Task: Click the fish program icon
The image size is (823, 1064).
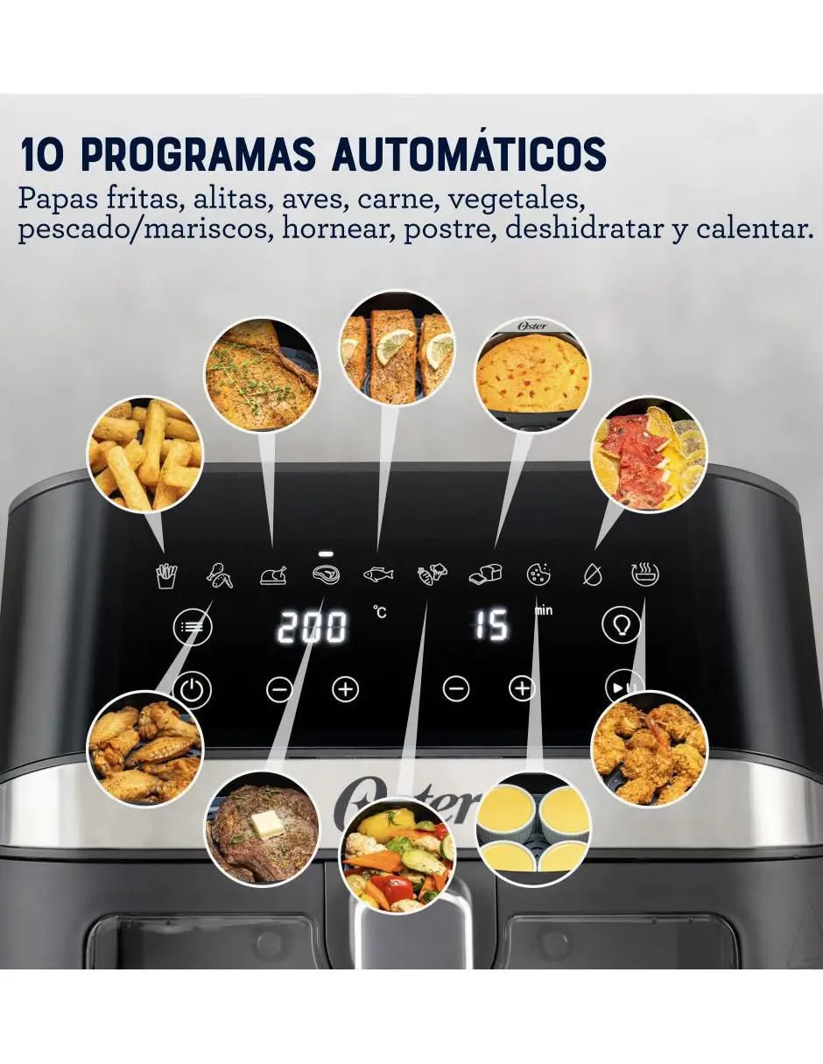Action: pyautogui.click(x=377, y=574)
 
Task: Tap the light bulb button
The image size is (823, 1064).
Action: pyautogui.click(x=622, y=626)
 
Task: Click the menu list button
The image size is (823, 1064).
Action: pyautogui.click(x=193, y=627)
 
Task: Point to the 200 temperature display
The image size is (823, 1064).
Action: pyautogui.click(x=312, y=627)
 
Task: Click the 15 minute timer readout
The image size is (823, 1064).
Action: pyautogui.click(x=491, y=625)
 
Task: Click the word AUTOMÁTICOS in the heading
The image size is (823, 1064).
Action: pyautogui.click(x=469, y=154)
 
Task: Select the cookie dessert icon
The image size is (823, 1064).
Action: pyautogui.click(x=538, y=574)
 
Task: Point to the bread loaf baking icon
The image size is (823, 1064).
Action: pyautogui.click(x=484, y=574)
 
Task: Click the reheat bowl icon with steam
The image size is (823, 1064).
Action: pyautogui.click(x=645, y=574)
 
